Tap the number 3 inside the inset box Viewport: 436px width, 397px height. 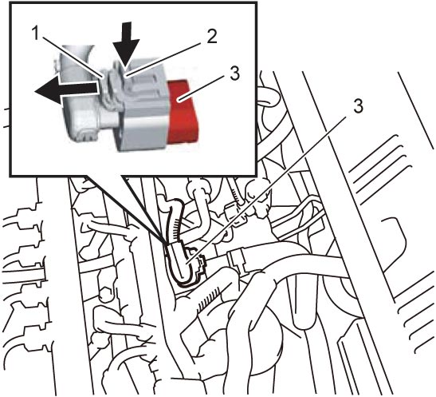pyautogui.click(x=234, y=73)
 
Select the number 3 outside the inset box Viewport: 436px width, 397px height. pyautogui.click(x=358, y=106)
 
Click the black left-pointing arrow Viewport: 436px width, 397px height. pyautogui.click(x=66, y=89)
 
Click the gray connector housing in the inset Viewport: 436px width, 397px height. pyautogui.click(x=144, y=106)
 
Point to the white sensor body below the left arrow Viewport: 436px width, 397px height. pyautogui.click(x=86, y=120)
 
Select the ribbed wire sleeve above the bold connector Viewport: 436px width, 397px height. pyautogui.click(x=176, y=223)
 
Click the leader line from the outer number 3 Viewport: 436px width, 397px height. pyautogui.click(x=266, y=190)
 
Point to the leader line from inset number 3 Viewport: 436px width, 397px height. pyautogui.click(x=204, y=89)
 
